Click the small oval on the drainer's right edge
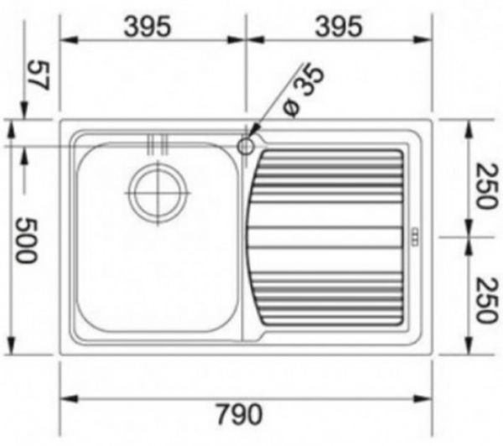click(414, 236)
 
